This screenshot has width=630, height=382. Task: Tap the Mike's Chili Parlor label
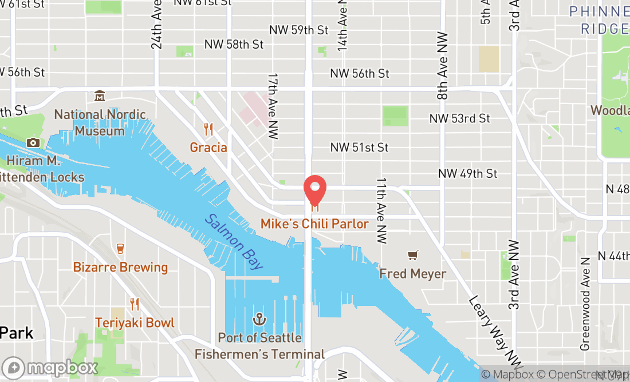click(314, 224)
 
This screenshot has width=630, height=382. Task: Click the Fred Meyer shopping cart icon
click(412, 255)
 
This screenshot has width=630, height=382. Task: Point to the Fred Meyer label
click(412, 274)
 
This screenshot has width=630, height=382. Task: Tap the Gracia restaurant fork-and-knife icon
click(208, 130)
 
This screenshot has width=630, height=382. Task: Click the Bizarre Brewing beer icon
click(120, 248)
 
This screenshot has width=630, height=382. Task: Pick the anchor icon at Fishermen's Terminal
click(259, 318)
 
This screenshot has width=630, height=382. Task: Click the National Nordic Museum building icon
click(100, 95)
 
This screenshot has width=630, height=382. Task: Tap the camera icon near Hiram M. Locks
click(33, 142)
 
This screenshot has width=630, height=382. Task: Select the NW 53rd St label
click(460, 118)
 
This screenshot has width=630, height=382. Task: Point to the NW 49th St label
click(467, 173)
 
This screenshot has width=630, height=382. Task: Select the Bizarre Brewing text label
click(120, 267)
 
